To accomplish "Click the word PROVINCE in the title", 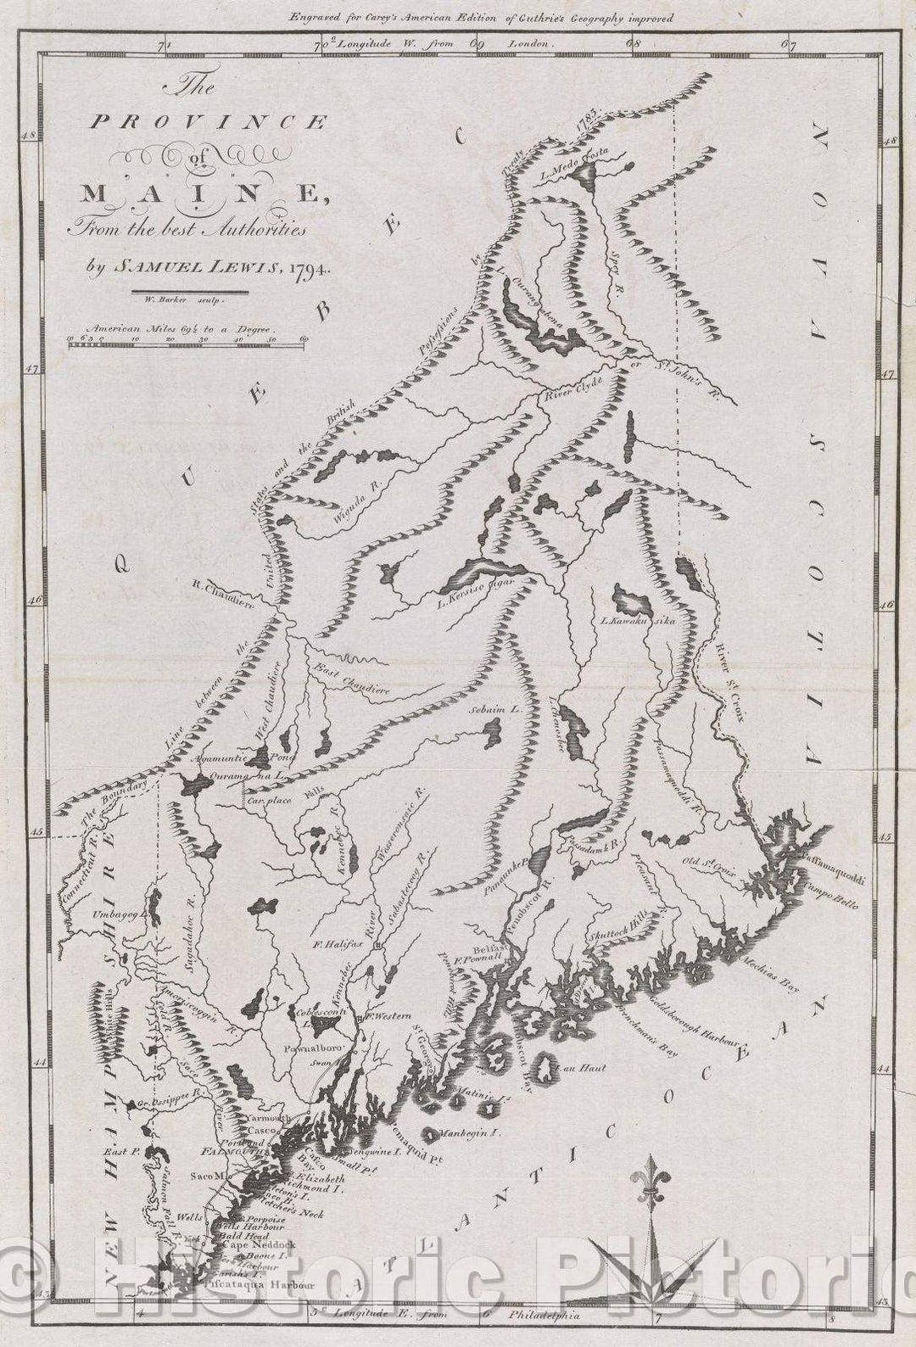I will pos(208,123).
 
